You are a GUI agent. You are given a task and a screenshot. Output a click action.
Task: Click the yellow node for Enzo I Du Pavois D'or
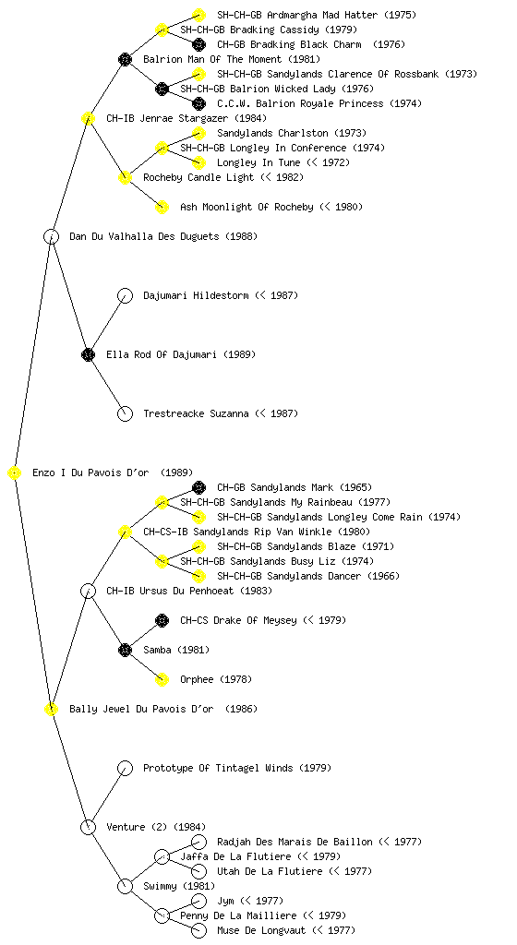15,473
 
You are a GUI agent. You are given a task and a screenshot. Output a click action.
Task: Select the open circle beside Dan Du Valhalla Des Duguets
51,237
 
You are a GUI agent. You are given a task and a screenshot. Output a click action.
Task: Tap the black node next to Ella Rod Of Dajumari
88,355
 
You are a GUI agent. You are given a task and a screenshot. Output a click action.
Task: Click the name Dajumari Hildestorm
196,295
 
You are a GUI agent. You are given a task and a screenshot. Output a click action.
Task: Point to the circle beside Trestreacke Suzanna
125,414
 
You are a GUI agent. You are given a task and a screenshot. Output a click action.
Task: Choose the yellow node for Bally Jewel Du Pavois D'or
51,710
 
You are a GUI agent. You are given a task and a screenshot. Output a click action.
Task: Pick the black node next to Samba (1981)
125,651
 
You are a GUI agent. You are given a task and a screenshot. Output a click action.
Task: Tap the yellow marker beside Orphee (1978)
162,680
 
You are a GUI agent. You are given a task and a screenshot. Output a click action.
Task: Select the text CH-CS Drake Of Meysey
238,620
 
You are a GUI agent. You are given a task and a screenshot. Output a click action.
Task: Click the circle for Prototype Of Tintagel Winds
125,769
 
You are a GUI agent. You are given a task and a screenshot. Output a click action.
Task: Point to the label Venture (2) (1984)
156,827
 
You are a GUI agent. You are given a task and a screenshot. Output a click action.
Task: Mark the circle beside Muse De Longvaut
198,930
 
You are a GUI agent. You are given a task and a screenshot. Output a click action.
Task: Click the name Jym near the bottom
225,901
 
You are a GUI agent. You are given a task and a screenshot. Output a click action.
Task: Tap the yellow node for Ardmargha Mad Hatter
198,15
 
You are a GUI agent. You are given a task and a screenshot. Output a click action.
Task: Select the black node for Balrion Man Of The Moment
125,59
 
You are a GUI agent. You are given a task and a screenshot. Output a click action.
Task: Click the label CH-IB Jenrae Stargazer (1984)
186,118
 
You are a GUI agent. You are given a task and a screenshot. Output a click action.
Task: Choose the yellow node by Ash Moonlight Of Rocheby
162,208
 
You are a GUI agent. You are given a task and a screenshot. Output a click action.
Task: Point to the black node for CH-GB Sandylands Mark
198,487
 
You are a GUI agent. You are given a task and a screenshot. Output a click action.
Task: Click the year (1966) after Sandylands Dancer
384,576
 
